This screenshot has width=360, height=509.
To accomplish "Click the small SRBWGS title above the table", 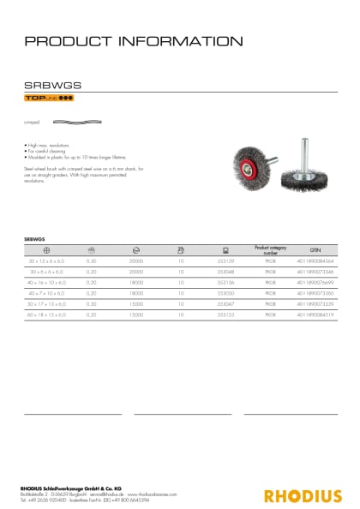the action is [x=33, y=235].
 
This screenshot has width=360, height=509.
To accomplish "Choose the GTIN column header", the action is [x=315, y=249].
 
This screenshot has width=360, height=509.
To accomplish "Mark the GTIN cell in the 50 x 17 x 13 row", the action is [x=315, y=304].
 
